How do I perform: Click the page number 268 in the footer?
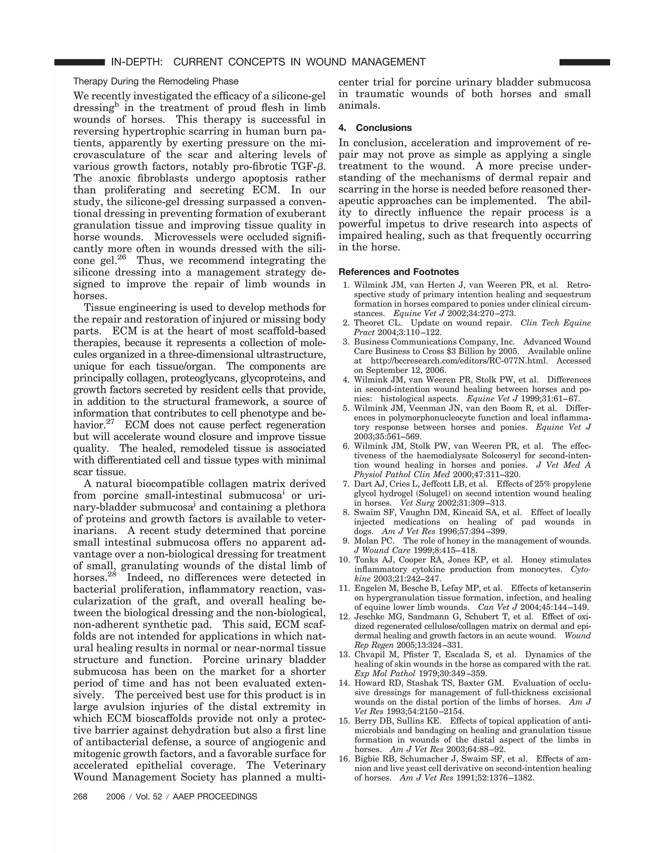80,796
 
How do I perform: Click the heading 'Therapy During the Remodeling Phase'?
156,81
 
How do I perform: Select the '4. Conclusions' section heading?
375,128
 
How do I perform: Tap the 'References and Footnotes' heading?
399,272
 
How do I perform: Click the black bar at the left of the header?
80,62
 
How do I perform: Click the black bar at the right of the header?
584,62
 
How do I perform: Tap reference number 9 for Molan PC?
346,541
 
